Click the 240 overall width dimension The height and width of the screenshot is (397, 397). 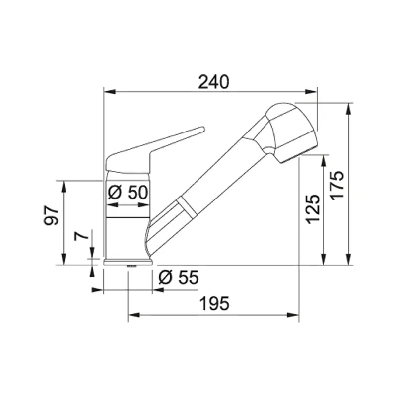click(214, 82)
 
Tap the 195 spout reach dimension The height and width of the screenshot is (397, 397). click(214, 303)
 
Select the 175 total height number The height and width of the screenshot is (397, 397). click(338, 185)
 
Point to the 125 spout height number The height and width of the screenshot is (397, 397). click(313, 209)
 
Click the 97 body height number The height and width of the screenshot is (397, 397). click(51, 215)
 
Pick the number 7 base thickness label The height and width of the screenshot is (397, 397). click(81, 236)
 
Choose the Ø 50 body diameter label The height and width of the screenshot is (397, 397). click(128, 192)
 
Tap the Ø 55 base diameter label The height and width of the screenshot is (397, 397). click(179, 277)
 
